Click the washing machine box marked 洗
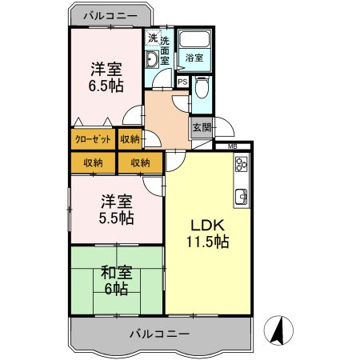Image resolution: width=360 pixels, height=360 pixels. [152, 38]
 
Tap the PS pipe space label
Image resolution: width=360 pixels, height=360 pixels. [182, 82]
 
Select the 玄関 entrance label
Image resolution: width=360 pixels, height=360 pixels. [200, 127]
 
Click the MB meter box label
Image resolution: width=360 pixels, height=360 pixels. [232, 146]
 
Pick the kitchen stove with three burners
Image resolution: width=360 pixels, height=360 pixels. [241, 167]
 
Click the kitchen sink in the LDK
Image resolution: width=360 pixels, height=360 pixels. [241, 196]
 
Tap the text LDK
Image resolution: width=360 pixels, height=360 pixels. [204, 226]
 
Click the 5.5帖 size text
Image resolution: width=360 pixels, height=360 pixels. [117, 218]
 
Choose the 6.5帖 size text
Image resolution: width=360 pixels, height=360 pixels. [106, 85]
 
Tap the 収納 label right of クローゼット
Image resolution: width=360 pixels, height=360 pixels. [130, 139]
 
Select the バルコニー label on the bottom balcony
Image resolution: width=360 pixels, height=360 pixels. [160, 333]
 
